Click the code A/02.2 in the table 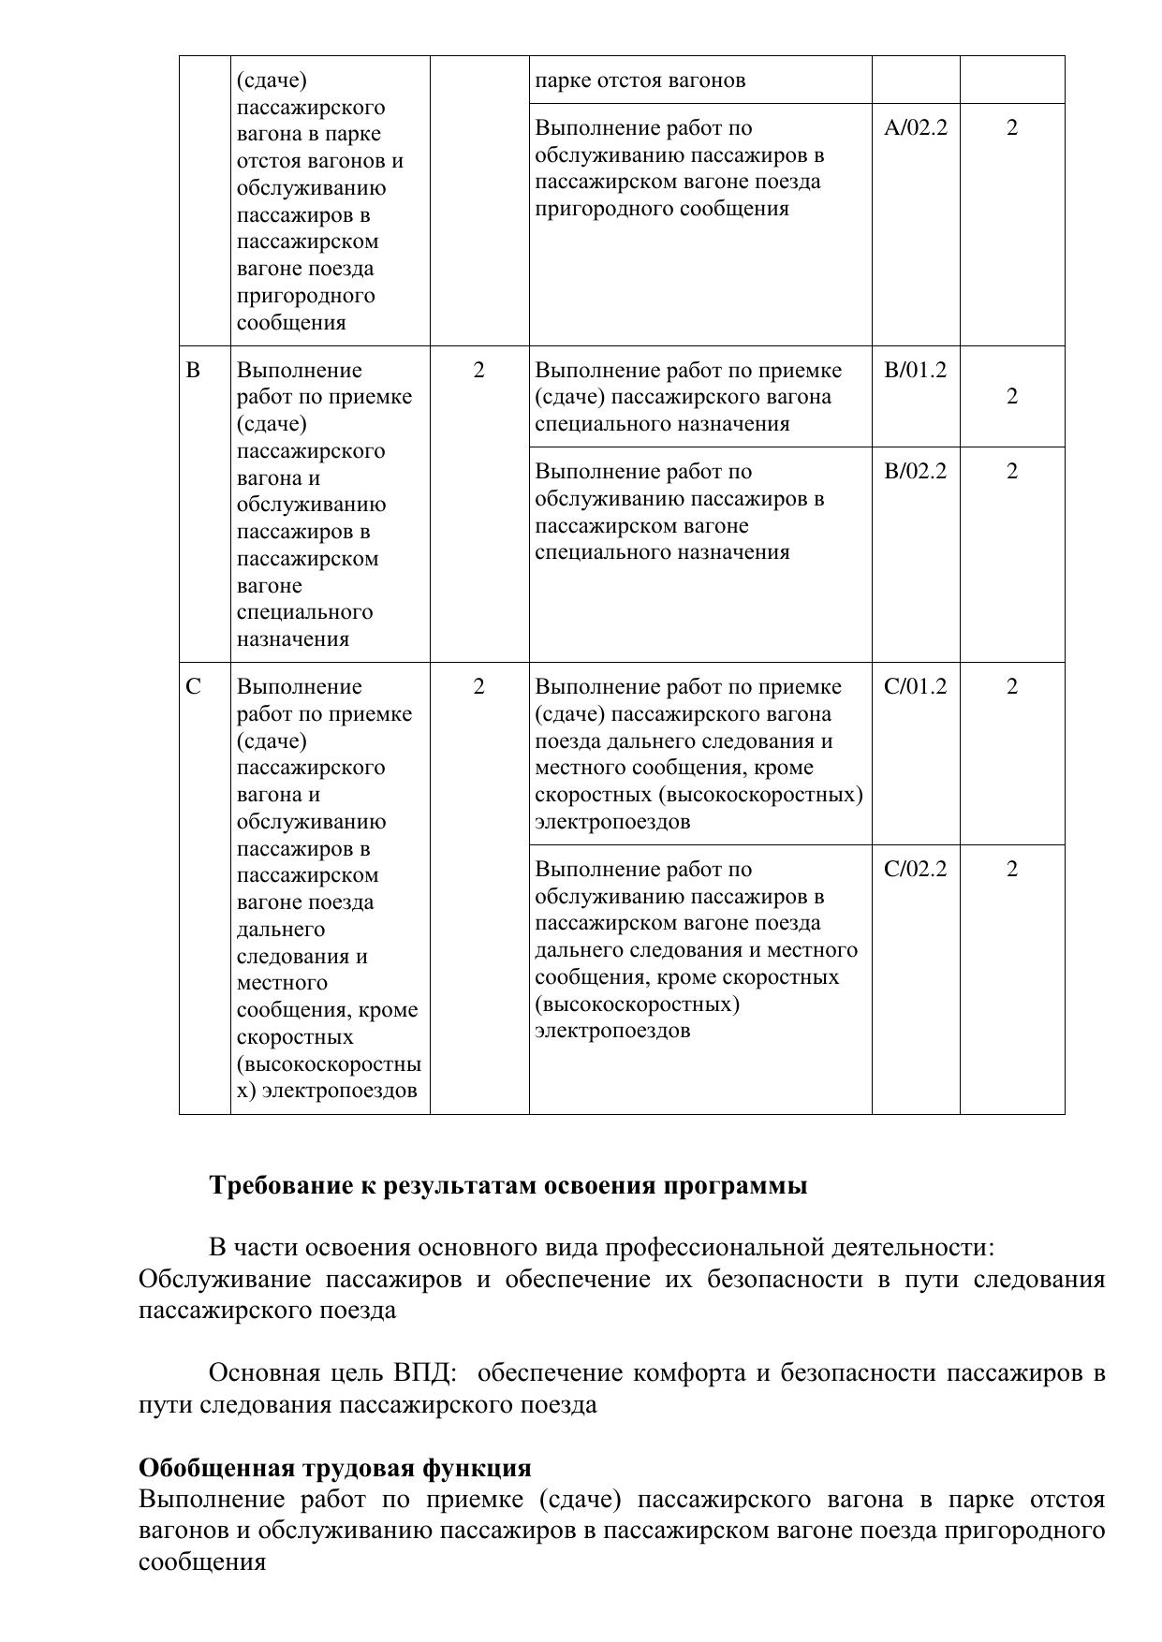tap(915, 128)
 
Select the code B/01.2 tap(915, 370)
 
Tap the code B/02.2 tap(915, 471)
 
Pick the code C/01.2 tap(915, 686)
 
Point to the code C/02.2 tap(915, 869)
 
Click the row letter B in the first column tap(193, 370)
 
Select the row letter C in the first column tap(193, 686)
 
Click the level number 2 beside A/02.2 tap(1012, 128)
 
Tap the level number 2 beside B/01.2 tap(1012, 396)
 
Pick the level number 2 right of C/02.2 tap(1012, 869)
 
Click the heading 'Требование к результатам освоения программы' tap(507, 1185)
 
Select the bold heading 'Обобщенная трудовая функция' tap(334, 1467)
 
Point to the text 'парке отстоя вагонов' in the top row tap(640, 81)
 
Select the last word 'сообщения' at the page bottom tap(201, 1561)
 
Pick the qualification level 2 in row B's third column tap(479, 370)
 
